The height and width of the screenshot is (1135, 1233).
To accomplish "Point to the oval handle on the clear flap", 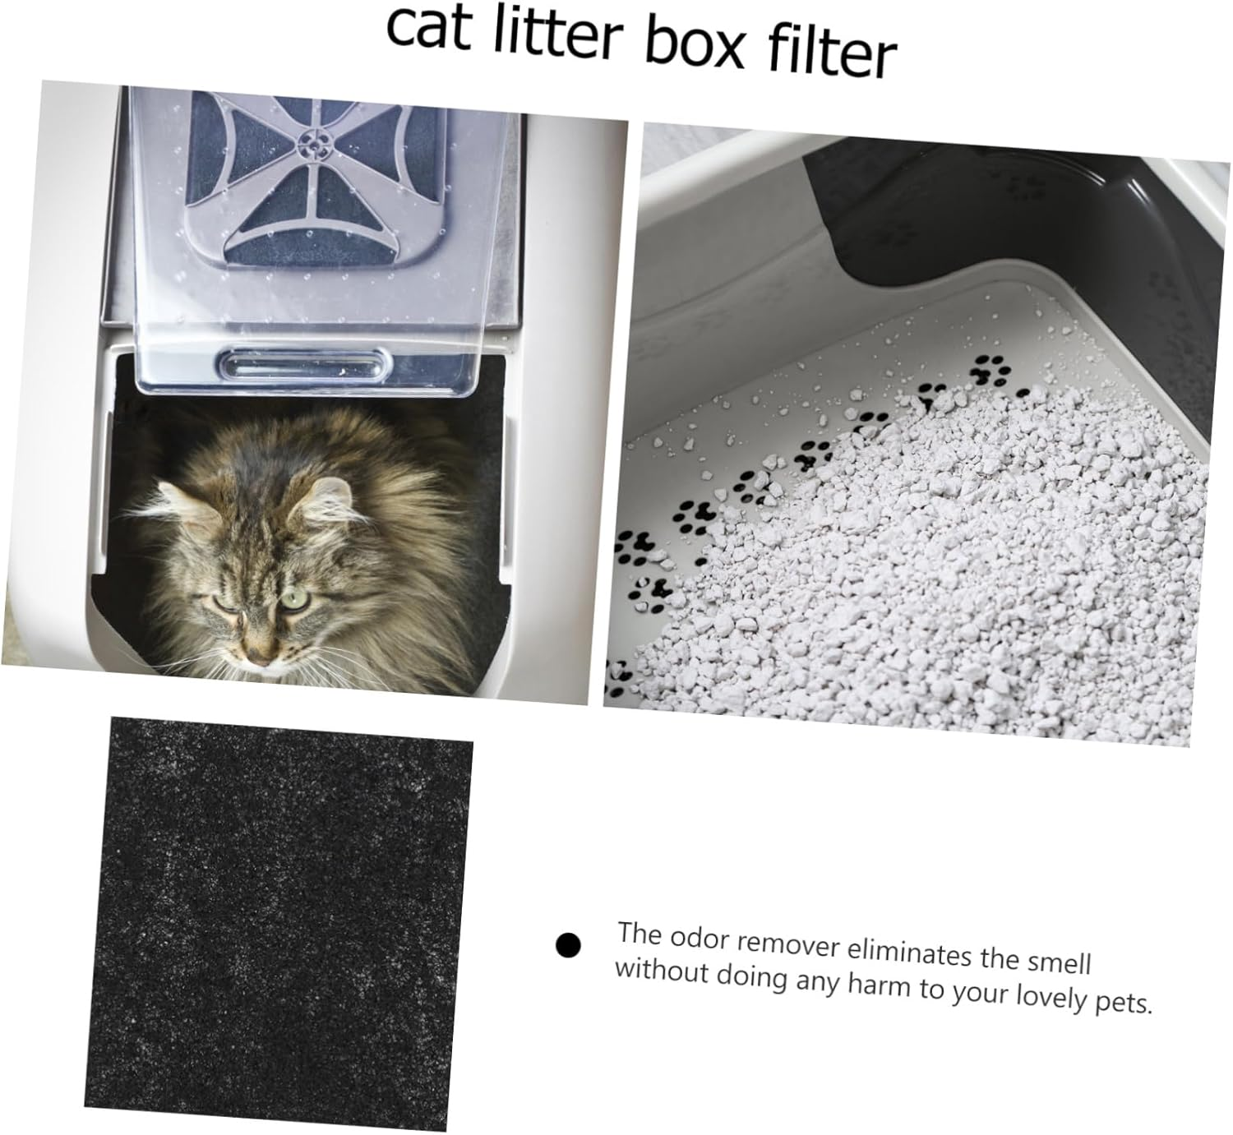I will [303, 364].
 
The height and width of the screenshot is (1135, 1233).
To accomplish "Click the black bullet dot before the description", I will [567, 945].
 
